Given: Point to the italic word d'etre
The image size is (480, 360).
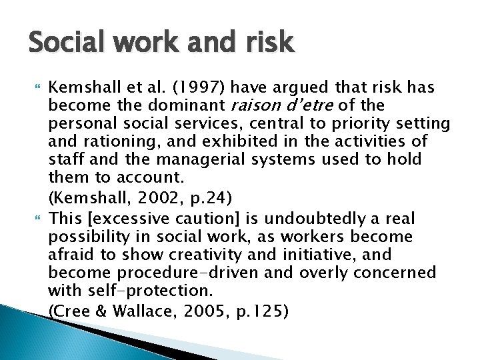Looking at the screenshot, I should [313, 105].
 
